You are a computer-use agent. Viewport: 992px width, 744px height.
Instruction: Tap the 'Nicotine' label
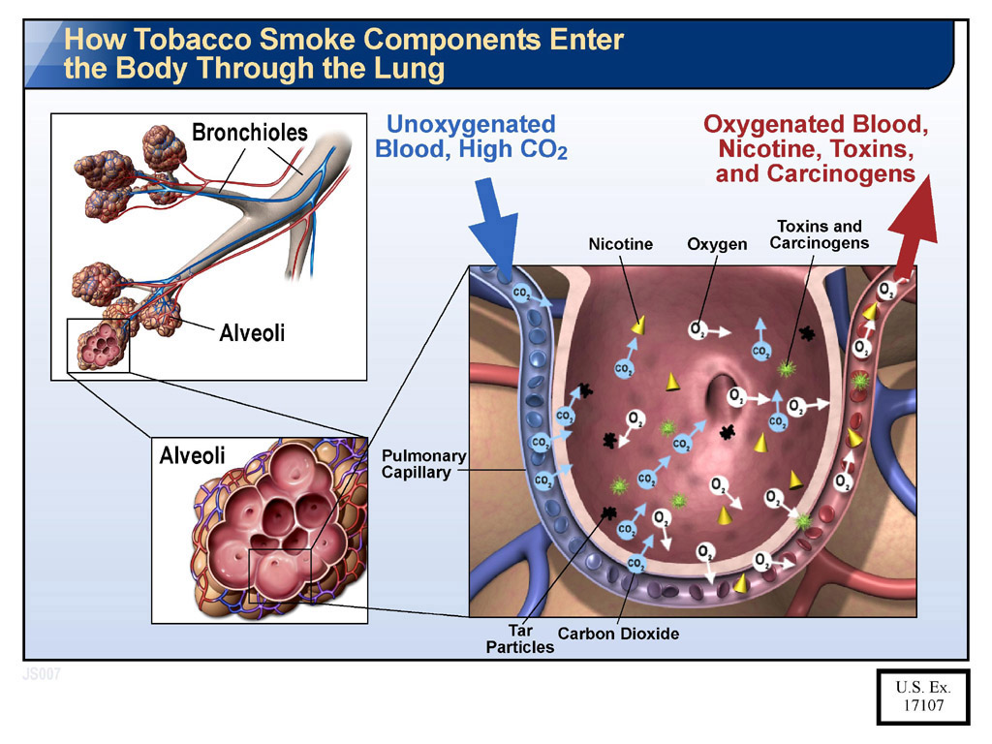coord(621,245)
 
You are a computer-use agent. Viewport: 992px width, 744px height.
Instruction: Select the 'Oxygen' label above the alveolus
coord(717,245)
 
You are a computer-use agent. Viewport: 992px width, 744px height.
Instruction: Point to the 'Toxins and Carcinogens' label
coord(820,234)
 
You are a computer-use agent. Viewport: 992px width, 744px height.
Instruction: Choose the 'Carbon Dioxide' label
coord(618,635)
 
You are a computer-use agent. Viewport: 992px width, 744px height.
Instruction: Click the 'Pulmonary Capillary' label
coord(423,464)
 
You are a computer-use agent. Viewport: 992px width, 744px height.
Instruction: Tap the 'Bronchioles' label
coord(250,133)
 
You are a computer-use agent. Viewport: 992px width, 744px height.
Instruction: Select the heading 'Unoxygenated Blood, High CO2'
coord(471,137)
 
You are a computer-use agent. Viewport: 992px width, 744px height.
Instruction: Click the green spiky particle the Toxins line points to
coord(787,368)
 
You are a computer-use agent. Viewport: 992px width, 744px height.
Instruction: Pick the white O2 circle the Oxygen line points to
coord(697,330)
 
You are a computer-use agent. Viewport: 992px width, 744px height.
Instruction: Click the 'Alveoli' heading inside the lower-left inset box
coord(192,455)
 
